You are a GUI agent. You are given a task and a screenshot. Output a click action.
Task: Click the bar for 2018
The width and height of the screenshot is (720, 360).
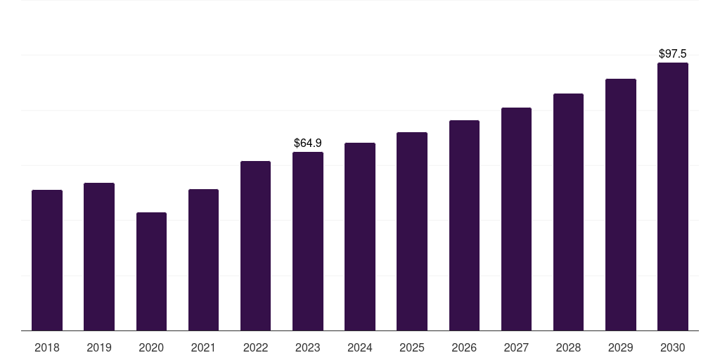47,260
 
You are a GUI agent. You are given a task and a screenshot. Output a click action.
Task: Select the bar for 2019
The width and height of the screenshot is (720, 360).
99,257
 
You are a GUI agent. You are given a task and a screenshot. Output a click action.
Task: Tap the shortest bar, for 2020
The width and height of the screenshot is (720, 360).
152,271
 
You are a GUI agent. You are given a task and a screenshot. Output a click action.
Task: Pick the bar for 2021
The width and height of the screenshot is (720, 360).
203,260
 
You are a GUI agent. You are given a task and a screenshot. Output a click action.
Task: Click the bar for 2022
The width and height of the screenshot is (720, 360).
255,245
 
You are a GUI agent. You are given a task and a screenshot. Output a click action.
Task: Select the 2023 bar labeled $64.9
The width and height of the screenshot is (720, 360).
308,241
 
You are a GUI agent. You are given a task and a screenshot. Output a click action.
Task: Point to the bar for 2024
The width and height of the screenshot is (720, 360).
360,236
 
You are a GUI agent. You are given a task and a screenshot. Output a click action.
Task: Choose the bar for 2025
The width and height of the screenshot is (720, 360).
412,231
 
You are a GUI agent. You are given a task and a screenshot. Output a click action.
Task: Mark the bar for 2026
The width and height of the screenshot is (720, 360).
464,226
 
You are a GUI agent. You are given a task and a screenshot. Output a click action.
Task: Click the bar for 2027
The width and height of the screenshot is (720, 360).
516,219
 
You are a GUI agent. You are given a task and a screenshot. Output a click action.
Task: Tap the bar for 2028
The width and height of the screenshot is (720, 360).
568,212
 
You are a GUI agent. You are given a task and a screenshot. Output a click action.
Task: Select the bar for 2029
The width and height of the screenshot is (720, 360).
621,205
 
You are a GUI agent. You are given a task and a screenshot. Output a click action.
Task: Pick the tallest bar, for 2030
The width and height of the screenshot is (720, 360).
673,197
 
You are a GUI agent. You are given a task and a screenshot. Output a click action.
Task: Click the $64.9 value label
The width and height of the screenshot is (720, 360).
308,143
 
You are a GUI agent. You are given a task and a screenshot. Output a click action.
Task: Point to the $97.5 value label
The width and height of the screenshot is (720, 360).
673,53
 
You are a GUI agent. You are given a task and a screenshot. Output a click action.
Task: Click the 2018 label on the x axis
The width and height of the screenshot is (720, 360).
47,347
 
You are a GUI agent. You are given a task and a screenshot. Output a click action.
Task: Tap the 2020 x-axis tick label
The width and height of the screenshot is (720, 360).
152,347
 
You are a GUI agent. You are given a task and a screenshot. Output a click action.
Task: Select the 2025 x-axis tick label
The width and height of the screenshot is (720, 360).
412,347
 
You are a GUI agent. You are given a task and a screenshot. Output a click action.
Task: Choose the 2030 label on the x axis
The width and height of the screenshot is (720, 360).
673,347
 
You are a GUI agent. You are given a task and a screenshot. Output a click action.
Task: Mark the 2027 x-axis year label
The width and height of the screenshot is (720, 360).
516,347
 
